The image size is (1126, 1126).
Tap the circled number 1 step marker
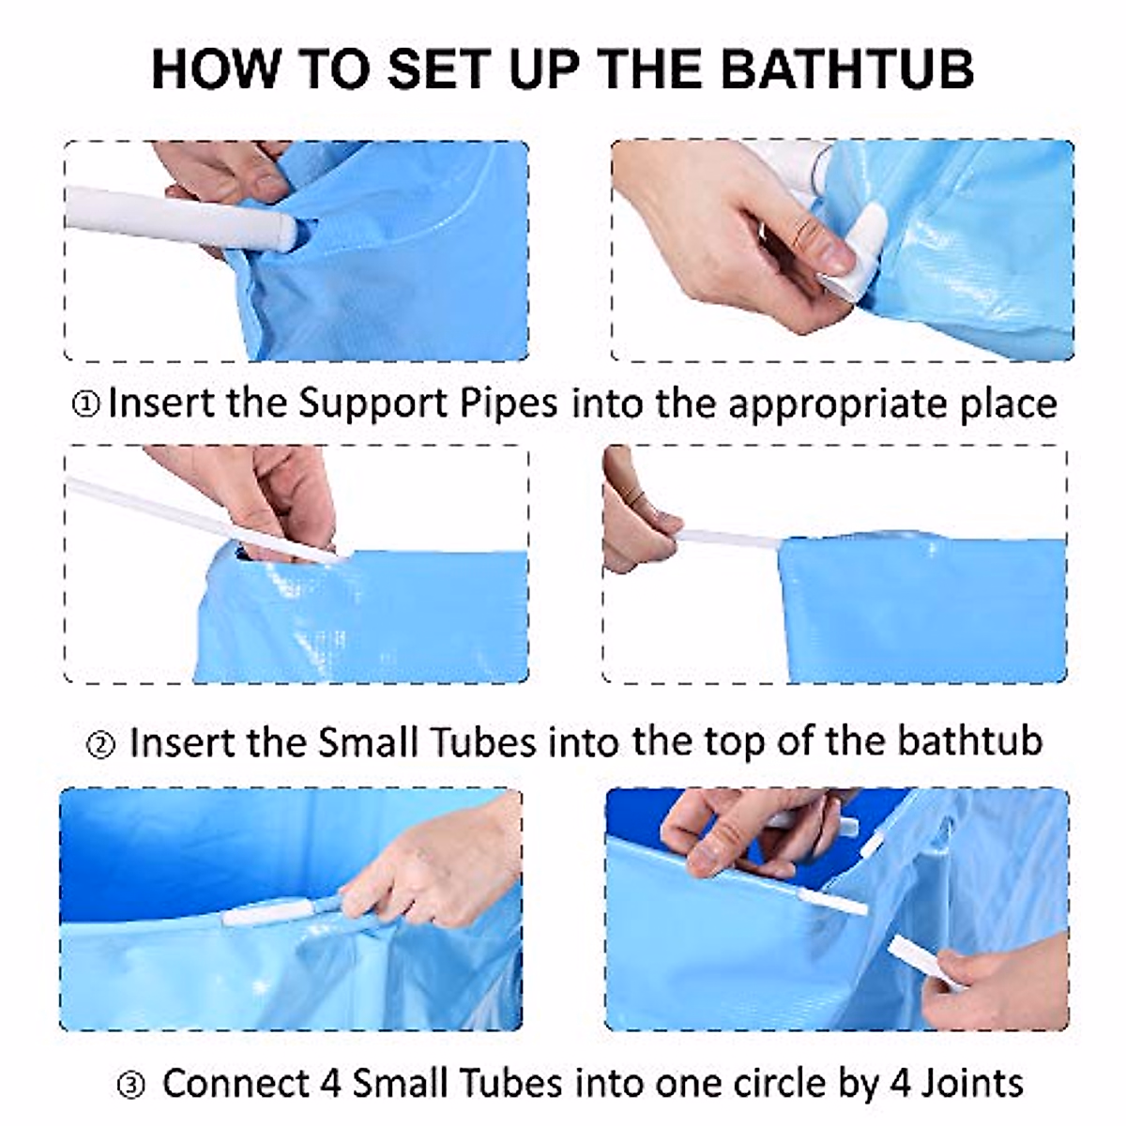click(x=85, y=405)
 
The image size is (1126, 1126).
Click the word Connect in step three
click(x=235, y=1084)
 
